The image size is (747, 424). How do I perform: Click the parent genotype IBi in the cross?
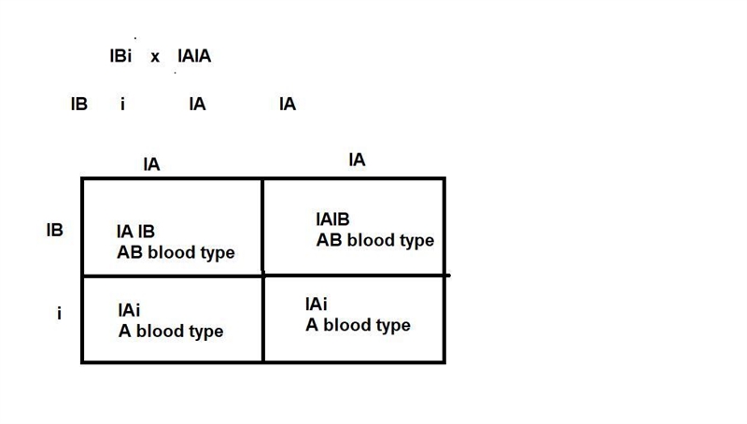tap(120, 56)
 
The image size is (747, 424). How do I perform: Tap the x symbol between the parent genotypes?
tap(155, 57)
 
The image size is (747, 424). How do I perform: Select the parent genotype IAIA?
tap(194, 56)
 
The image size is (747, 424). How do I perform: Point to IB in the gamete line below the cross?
tap(79, 104)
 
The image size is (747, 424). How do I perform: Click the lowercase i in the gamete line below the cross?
tap(122, 104)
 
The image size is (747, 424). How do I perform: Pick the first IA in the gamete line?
tap(197, 104)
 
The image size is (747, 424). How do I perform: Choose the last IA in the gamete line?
tap(288, 104)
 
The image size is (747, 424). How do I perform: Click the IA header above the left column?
tap(151, 164)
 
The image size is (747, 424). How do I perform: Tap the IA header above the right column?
tap(357, 160)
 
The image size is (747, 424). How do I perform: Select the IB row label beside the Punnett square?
tap(55, 230)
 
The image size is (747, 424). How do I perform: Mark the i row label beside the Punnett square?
tap(59, 314)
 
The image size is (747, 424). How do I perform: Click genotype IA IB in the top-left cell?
tap(135, 232)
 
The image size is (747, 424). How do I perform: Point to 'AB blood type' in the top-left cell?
tap(176, 252)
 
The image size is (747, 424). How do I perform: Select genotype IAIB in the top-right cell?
tap(332, 219)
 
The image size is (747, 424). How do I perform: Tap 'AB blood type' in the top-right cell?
tap(375, 240)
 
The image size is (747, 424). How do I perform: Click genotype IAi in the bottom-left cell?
tap(129, 310)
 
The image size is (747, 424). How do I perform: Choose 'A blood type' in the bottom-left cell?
tap(171, 332)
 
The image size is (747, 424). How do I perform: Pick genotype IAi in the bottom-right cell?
tap(317, 304)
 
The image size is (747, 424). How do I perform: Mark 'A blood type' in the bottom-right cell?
tap(358, 325)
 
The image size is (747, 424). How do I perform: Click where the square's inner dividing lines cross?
tap(263, 276)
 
